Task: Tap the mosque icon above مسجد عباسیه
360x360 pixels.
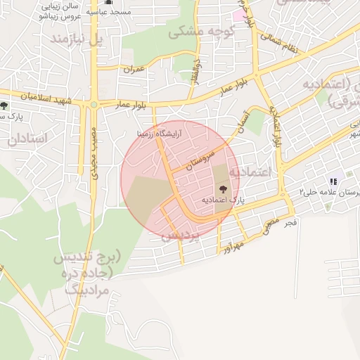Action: (x=108, y=2)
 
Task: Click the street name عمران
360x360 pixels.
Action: (x=134, y=70)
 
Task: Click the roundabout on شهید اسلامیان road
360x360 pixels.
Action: (x=93, y=105)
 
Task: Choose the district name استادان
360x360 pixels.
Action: (x=27, y=139)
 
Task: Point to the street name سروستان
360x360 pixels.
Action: (x=203, y=159)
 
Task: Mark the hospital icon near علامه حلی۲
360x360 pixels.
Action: (x=333, y=181)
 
